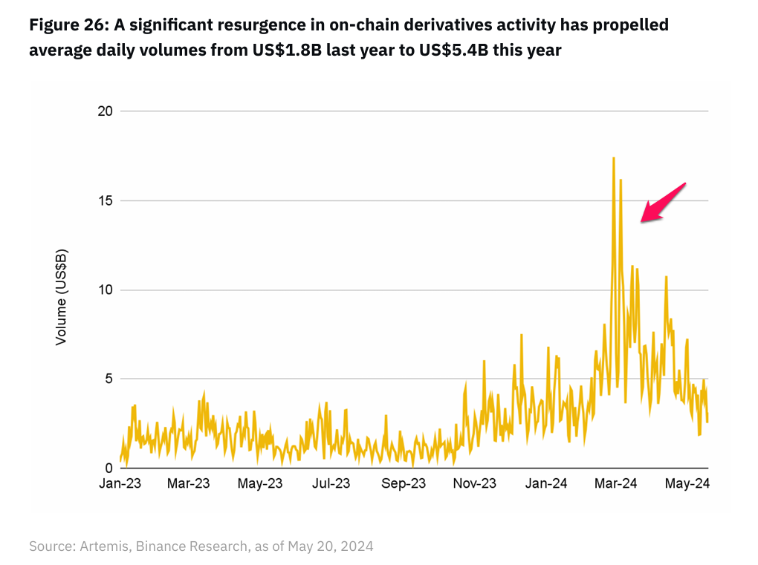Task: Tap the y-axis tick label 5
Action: click(108, 379)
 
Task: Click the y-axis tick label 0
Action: click(108, 468)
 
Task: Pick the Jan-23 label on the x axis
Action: click(120, 484)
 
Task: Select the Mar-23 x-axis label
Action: click(188, 484)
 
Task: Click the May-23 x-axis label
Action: click(260, 484)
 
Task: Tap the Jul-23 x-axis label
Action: click(331, 484)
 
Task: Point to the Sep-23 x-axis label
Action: click(404, 484)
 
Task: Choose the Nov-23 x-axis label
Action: click(474, 484)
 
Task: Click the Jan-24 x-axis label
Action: click(546, 484)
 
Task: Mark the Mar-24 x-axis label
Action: click(616, 484)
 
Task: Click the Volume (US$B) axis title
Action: click(62, 297)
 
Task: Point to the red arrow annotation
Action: click(662, 202)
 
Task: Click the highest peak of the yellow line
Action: click(613, 158)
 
